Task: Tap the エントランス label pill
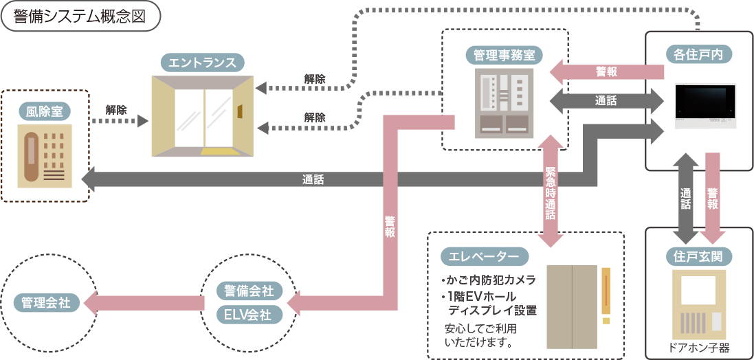click(203, 63)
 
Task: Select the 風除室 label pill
click(45, 112)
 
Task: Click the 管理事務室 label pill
click(504, 55)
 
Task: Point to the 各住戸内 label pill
click(699, 54)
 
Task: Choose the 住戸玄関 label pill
click(699, 257)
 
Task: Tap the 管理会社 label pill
click(45, 303)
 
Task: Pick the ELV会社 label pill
click(249, 315)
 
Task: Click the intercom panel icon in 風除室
click(45, 156)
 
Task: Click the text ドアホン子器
click(699, 348)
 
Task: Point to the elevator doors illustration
click(571, 306)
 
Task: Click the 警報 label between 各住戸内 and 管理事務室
click(606, 71)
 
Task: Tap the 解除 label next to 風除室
click(116, 110)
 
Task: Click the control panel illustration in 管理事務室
click(504, 103)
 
